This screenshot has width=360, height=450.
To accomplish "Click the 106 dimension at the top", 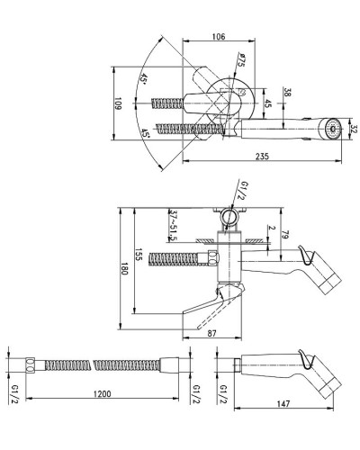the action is click(x=219, y=37).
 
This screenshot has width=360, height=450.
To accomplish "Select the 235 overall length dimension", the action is click(x=262, y=157).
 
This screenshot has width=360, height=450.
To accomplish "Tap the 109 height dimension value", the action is click(x=118, y=103).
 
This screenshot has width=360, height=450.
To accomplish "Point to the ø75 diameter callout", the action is click(x=240, y=60).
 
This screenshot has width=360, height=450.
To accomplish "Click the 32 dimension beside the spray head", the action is click(x=354, y=129).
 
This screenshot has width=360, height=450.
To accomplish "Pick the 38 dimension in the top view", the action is click(x=287, y=92).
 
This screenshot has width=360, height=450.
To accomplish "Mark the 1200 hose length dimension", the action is click(x=102, y=393).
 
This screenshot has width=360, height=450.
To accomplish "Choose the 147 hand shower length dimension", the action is click(x=283, y=403).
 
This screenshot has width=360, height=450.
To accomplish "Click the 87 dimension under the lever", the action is click(x=211, y=333).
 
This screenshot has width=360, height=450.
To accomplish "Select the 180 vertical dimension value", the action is click(x=124, y=268).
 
